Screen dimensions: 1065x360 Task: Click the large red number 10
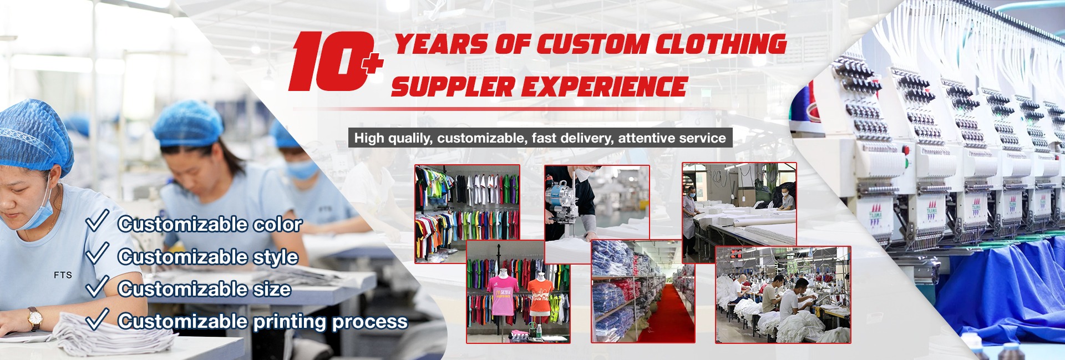[330, 61]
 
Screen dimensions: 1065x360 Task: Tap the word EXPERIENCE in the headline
[608, 87]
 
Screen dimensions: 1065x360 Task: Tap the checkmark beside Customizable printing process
[97, 318]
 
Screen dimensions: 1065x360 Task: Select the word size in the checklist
[272, 289]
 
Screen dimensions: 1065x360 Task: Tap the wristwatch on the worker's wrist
[34, 318]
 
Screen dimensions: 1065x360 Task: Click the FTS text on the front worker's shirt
[63, 275]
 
